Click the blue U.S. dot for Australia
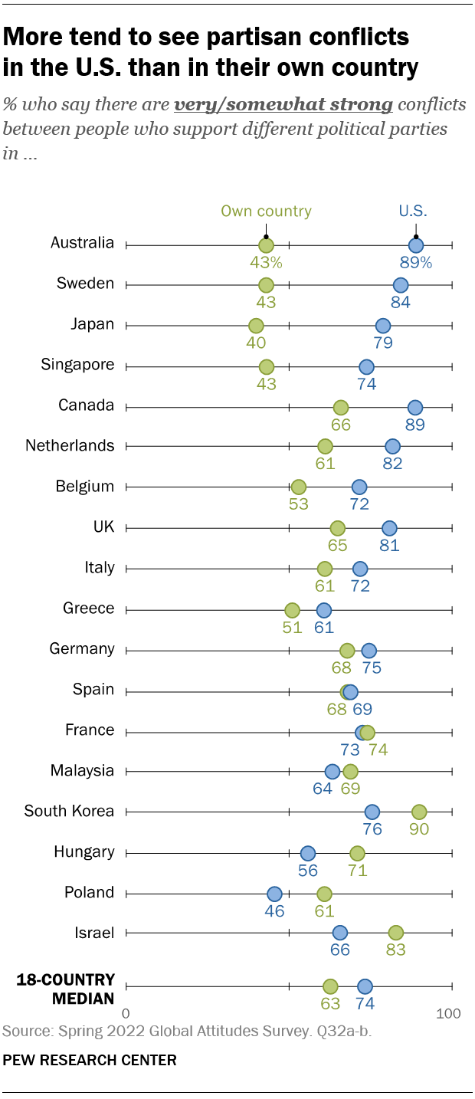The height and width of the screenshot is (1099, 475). tap(416, 245)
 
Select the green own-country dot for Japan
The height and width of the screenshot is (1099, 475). tap(256, 326)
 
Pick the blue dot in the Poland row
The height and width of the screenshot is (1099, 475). tap(274, 894)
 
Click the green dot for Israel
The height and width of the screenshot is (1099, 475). tap(395, 933)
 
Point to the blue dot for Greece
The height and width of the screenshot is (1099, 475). tap(324, 610)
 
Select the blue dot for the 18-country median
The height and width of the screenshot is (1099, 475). tap(365, 986)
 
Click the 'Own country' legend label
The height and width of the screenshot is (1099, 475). tap(266, 212)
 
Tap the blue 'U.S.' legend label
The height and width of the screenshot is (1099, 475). tap(413, 212)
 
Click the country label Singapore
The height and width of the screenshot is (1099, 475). tap(77, 365)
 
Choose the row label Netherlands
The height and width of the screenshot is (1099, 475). tap(70, 445)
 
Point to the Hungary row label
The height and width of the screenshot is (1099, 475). tap(84, 851)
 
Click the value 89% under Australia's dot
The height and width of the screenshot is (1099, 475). tap(416, 262)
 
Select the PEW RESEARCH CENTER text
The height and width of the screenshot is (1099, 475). tap(90, 1061)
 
